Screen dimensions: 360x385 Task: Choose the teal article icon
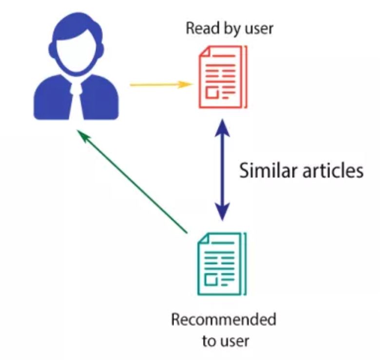pos(222,264)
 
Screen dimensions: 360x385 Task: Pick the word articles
pos(332,171)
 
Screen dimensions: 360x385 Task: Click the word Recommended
pos(223,320)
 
